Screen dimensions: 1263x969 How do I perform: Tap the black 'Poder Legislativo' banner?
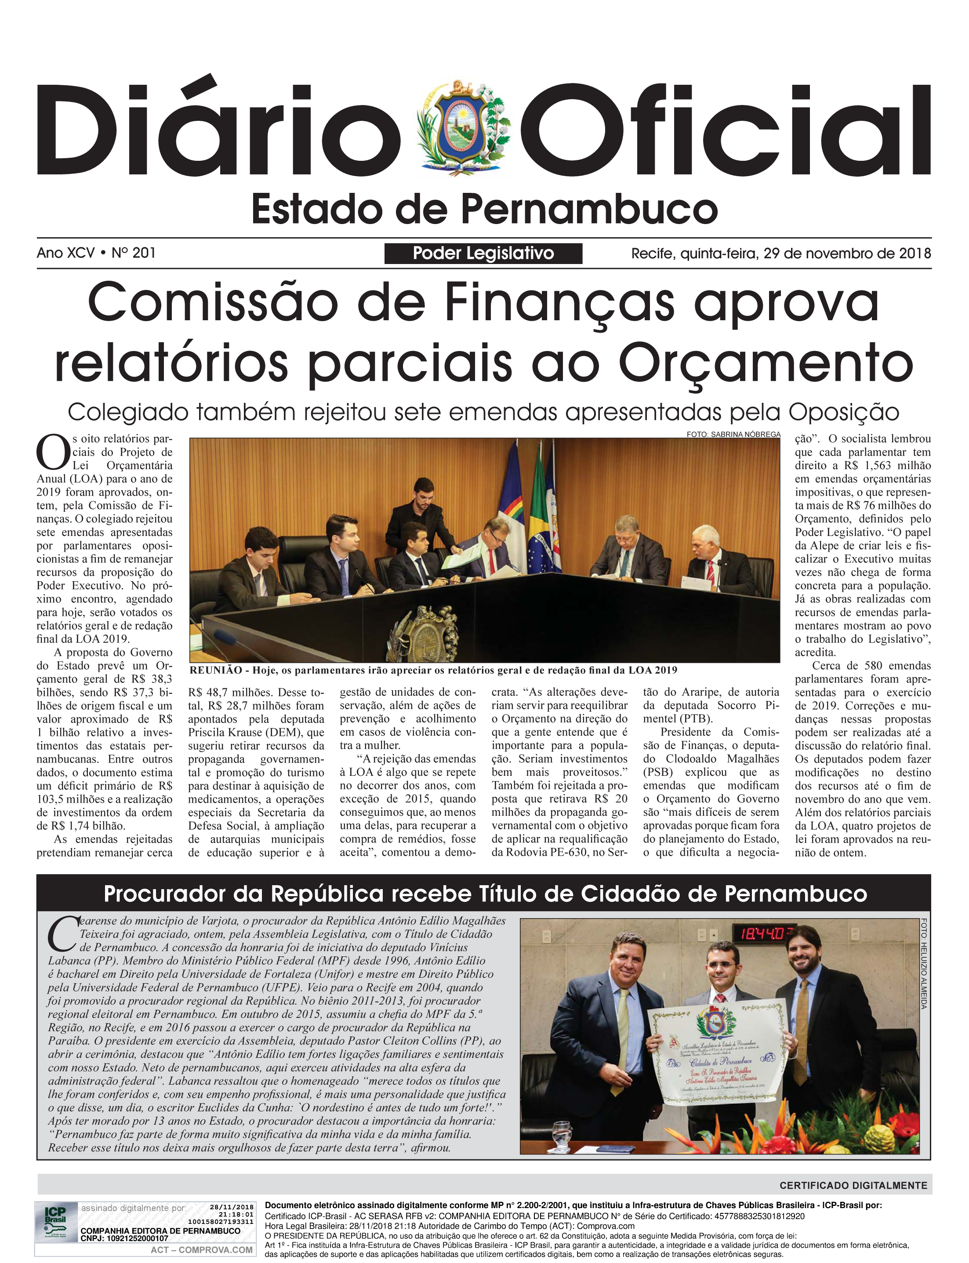(483, 253)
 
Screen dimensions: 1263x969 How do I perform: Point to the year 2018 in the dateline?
(915, 253)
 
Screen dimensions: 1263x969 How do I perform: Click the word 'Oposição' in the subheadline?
(844, 412)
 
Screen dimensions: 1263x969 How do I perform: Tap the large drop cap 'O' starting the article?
(52, 453)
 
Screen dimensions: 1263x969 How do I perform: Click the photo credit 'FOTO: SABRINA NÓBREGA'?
(733, 434)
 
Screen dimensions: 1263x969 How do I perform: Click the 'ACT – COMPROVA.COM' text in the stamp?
(201, 1250)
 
